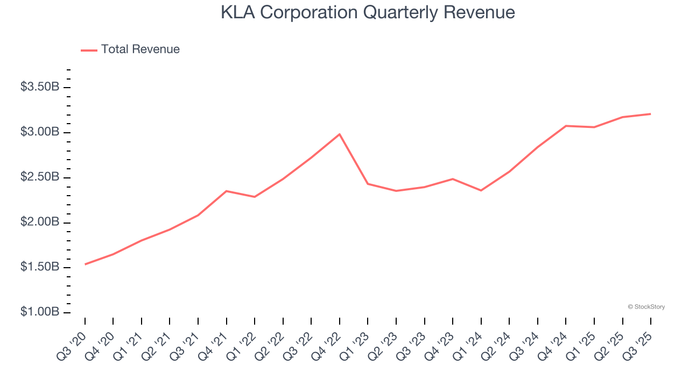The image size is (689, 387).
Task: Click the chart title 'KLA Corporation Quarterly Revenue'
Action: (368, 12)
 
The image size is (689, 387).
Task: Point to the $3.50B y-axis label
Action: (39, 87)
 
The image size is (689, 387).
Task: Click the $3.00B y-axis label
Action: (39, 132)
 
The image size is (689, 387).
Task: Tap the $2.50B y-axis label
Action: (39, 177)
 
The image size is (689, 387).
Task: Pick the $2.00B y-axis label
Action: (39, 223)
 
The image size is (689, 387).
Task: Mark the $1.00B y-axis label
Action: (39, 312)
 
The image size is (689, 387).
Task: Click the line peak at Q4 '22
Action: (340, 134)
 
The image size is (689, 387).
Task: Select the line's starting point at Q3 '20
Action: (85, 264)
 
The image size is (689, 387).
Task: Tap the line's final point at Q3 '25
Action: (651, 114)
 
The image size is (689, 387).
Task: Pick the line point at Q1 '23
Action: (368, 184)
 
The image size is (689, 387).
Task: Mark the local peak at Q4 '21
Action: (227, 191)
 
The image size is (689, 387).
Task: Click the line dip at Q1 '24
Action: (481, 190)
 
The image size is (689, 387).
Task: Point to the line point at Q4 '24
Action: (566, 126)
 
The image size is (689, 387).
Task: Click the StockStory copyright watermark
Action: (646, 307)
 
